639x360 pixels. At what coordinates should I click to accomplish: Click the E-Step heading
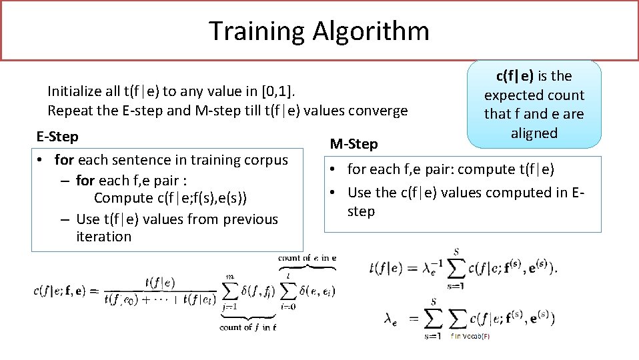tap(57, 137)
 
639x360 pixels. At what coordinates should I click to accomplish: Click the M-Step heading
tap(354, 144)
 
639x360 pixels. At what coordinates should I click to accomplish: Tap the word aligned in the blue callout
tap(534, 133)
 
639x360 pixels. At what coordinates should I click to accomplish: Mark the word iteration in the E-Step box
tap(104, 237)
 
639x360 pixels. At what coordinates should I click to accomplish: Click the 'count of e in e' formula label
tap(307, 258)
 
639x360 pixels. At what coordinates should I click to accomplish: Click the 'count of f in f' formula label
tap(248, 327)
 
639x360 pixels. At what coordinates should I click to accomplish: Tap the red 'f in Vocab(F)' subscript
tap(470, 336)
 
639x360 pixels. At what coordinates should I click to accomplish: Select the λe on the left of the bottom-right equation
tap(392, 319)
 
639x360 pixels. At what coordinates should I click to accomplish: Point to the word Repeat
tap(69, 111)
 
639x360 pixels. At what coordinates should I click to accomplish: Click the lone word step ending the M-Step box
tap(362, 211)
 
